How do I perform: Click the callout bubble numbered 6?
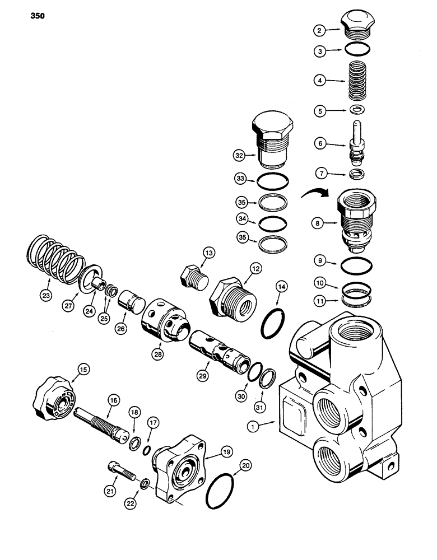point(321,144)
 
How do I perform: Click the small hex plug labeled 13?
point(191,275)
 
